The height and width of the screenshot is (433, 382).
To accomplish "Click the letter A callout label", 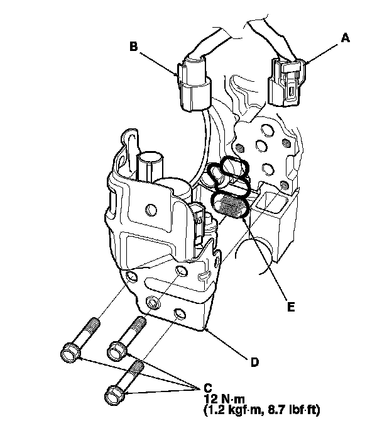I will coord(345,38).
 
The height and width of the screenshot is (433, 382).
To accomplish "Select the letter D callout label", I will coord(253,362).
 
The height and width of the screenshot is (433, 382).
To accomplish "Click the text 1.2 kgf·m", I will coord(236,410).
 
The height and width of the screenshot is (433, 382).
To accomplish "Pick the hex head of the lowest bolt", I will coord(114,395).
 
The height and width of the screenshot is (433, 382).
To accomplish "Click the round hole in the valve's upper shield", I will coord(150,208).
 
